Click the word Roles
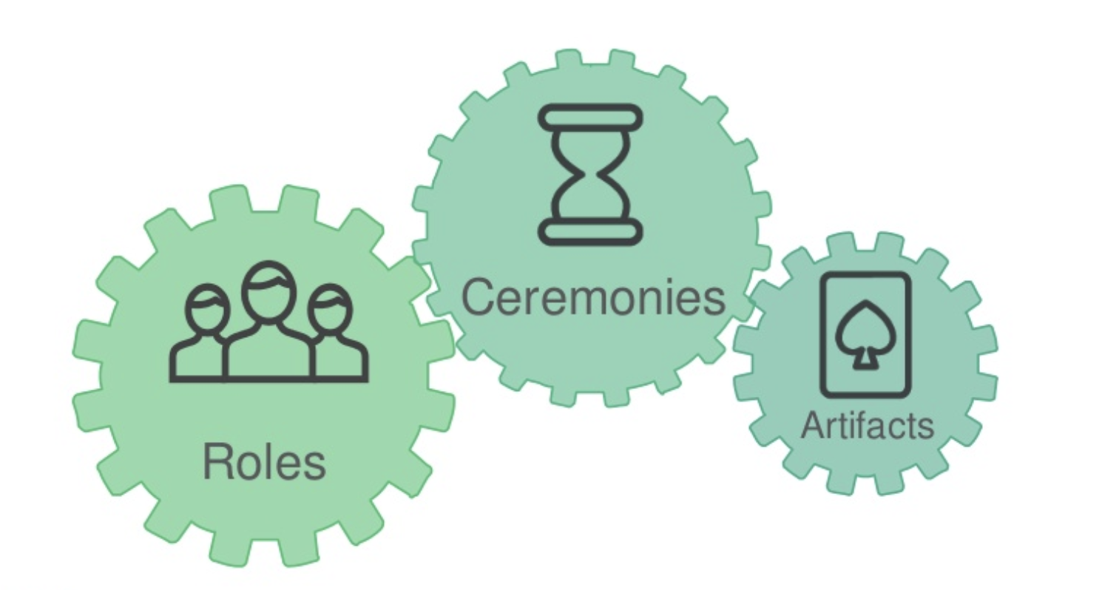(264, 462)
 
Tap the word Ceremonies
(592, 298)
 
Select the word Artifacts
(867, 425)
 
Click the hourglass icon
(590, 174)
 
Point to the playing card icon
(865, 335)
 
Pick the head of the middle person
(268, 291)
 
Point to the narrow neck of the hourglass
(590, 175)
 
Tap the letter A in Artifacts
(812, 425)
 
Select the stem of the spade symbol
(863, 360)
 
